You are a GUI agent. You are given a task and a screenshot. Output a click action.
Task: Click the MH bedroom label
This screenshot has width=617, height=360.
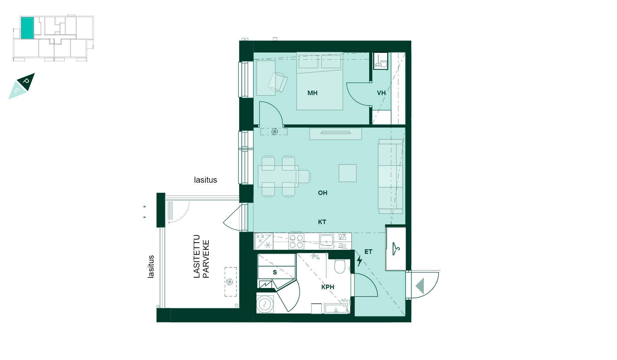pos(312,93)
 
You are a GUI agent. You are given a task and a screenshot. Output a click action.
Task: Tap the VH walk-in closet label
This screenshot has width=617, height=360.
pos(381,93)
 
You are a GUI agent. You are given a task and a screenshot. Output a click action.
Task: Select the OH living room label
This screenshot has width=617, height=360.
pos(322,193)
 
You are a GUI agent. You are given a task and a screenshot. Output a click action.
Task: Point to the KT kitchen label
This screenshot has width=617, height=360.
pos(322,222)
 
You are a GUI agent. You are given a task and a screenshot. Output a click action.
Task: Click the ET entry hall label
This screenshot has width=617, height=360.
pos(368,252)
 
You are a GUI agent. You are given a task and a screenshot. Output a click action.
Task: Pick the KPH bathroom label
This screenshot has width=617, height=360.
pos(328,287)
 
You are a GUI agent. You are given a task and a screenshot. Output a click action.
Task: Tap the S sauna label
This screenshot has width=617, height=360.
pos(274,272)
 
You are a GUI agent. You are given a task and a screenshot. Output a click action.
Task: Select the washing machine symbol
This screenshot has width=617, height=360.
pos(265,304)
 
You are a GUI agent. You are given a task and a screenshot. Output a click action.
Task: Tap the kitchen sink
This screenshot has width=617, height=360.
pos(326,241)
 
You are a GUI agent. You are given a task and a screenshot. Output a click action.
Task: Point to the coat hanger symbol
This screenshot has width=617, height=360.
pos(396,248)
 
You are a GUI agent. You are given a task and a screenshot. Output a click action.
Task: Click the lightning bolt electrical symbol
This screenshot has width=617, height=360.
pos(359,261)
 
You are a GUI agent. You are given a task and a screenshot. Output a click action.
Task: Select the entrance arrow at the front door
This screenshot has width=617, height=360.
pos(420,286)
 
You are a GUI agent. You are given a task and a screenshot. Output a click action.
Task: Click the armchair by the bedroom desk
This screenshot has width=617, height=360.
pos(278,82)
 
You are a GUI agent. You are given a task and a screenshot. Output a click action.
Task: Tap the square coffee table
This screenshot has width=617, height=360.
pos(348,173)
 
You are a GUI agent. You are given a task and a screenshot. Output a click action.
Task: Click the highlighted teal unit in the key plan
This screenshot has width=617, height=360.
pos(27,28)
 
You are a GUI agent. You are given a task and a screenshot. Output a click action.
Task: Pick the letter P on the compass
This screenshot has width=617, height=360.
pos(26,81)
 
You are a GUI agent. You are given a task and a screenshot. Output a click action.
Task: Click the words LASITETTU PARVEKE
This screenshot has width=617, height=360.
pos(201,257)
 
